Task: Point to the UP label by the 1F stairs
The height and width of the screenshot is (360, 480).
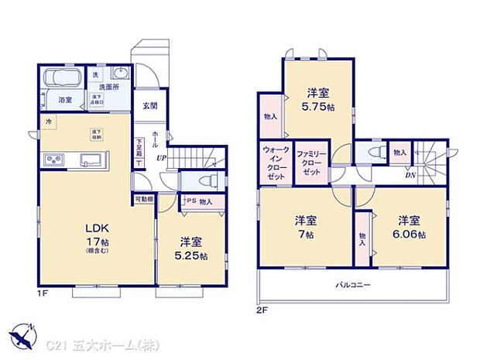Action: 161,159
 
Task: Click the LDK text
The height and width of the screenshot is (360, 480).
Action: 95,228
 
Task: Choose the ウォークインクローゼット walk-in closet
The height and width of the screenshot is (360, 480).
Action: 274,163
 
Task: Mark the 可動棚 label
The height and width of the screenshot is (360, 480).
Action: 144,199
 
